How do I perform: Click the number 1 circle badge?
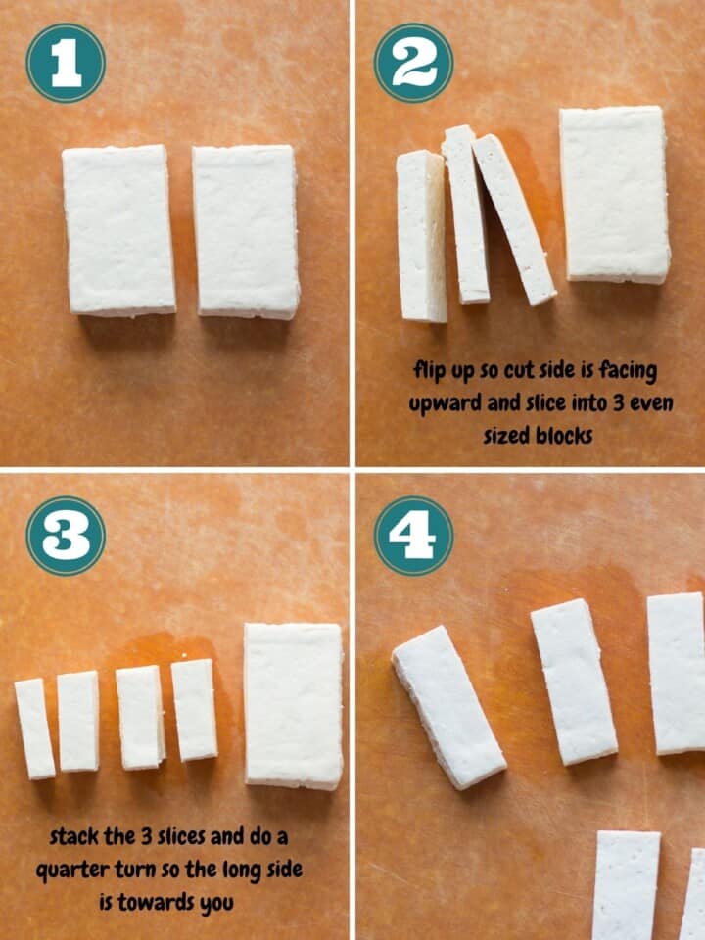coord(66,64)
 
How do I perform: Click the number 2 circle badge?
coord(413,64)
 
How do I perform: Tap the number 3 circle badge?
coord(66,536)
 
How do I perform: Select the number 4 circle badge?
coord(413,536)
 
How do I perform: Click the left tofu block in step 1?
coord(118,230)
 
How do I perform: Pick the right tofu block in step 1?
coord(246,231)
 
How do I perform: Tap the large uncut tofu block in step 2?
coord(614,194)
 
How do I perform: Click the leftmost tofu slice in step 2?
coord(421,236)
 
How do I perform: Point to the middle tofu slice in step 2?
coord(466,212)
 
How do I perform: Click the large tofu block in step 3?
coord(293,705)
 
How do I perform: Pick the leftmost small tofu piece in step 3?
coord(34,728)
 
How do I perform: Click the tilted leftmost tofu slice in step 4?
coord(448,706)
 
